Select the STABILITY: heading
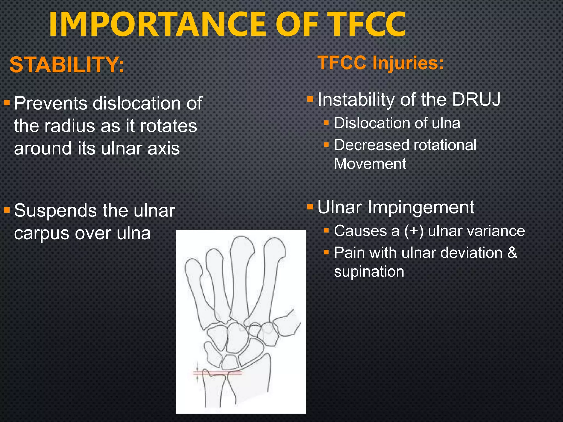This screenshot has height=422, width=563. click(x=67, y=65)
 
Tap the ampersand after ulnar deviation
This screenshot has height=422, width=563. click(x=512, y=253)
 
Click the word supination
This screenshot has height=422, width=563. click(x=369, y=272)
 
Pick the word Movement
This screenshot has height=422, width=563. click(x=370, y=164)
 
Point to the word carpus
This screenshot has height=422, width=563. click(x=41, y=234)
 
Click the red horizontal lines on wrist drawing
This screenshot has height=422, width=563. click(x=217, y=373)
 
